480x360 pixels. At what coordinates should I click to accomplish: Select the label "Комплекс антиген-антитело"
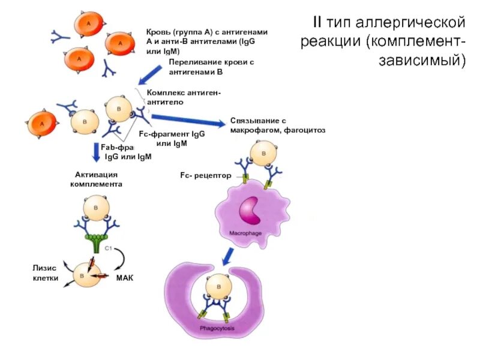184,98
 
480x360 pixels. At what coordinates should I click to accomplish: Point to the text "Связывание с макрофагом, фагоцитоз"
277,125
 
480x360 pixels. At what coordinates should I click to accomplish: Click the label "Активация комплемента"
96,179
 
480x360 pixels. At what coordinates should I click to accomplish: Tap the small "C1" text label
110,247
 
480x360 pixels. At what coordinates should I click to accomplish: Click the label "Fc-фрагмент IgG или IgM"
172,139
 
